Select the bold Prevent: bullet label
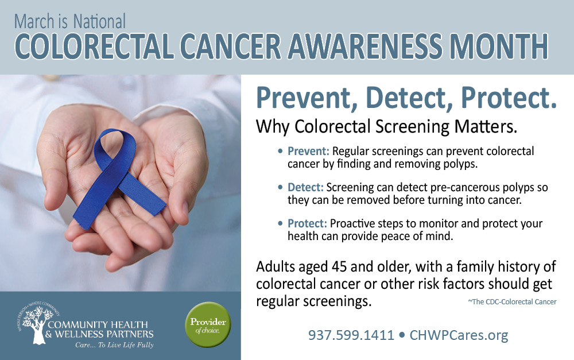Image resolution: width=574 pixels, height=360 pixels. [308, 152]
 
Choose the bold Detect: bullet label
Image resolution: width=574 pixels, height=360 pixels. [305, 188]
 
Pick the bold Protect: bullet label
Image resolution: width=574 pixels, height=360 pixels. [307, 223]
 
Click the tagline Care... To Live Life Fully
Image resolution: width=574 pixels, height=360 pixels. [114, 345]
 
